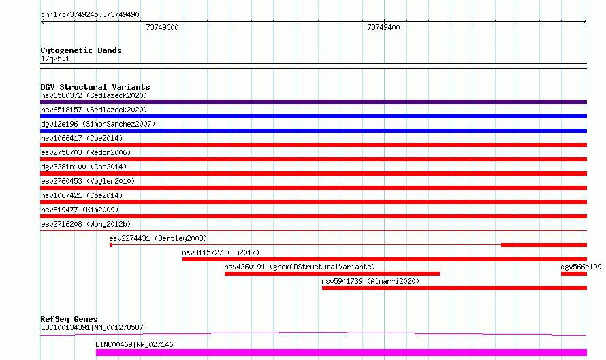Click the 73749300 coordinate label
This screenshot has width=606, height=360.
[162, 27]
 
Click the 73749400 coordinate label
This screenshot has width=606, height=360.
[383, 27]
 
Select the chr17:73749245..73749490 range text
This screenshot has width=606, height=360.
[90, 14]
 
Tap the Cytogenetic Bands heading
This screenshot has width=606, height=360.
[81, 50]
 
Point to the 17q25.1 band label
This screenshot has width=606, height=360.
[55, 59]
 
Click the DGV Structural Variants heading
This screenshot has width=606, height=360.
[95, 87]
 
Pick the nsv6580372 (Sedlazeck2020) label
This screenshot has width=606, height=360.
[94, 95]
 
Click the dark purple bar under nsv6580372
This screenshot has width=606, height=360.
[313, 102]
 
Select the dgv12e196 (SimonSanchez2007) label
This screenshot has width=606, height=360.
[98, 124]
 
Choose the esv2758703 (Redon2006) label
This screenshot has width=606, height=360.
[86, 152]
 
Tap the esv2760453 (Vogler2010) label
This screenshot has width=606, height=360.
[88, 181]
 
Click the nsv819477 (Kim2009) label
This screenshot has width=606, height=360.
[80, 210]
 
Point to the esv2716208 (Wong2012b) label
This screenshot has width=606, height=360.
[86, 224]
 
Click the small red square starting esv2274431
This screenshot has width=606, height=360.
[111, 245]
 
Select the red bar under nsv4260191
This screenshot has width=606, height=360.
[332, 274]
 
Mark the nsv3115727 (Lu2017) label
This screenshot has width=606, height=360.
[221, 252]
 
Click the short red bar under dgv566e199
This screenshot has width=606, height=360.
[574, 274]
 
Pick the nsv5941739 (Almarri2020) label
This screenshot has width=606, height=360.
[370, 281]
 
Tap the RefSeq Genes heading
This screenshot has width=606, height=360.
[69, 319]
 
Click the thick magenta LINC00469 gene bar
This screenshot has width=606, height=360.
[341, 353]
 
